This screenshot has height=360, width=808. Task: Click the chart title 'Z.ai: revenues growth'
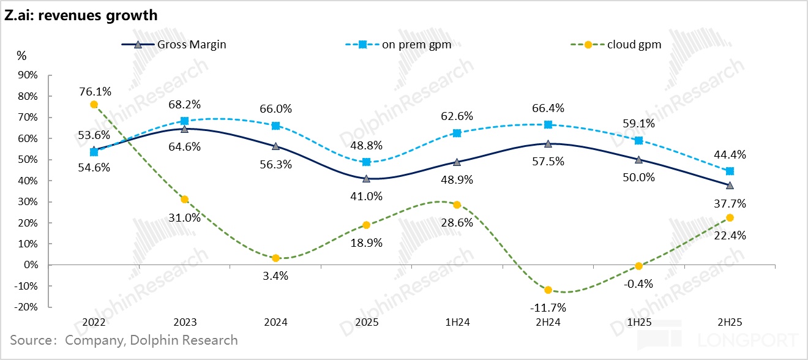tap(81, 15)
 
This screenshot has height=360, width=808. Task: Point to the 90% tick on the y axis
tap(28, 75)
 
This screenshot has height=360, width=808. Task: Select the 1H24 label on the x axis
tap(457, 322)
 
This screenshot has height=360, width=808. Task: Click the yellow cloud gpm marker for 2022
tap(94, 105)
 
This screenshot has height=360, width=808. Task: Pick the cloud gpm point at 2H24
tap(548, 290)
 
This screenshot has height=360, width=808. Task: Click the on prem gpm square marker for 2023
tap(184, 121)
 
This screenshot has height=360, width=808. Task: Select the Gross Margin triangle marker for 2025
tap(366, 179)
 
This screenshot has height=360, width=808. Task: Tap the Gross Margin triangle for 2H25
tap(730, 186)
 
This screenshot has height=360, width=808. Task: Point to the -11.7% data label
tap(548, 307)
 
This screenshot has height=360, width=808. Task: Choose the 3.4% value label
tap(275, 276)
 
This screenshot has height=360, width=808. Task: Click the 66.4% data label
tap(548, 108)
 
